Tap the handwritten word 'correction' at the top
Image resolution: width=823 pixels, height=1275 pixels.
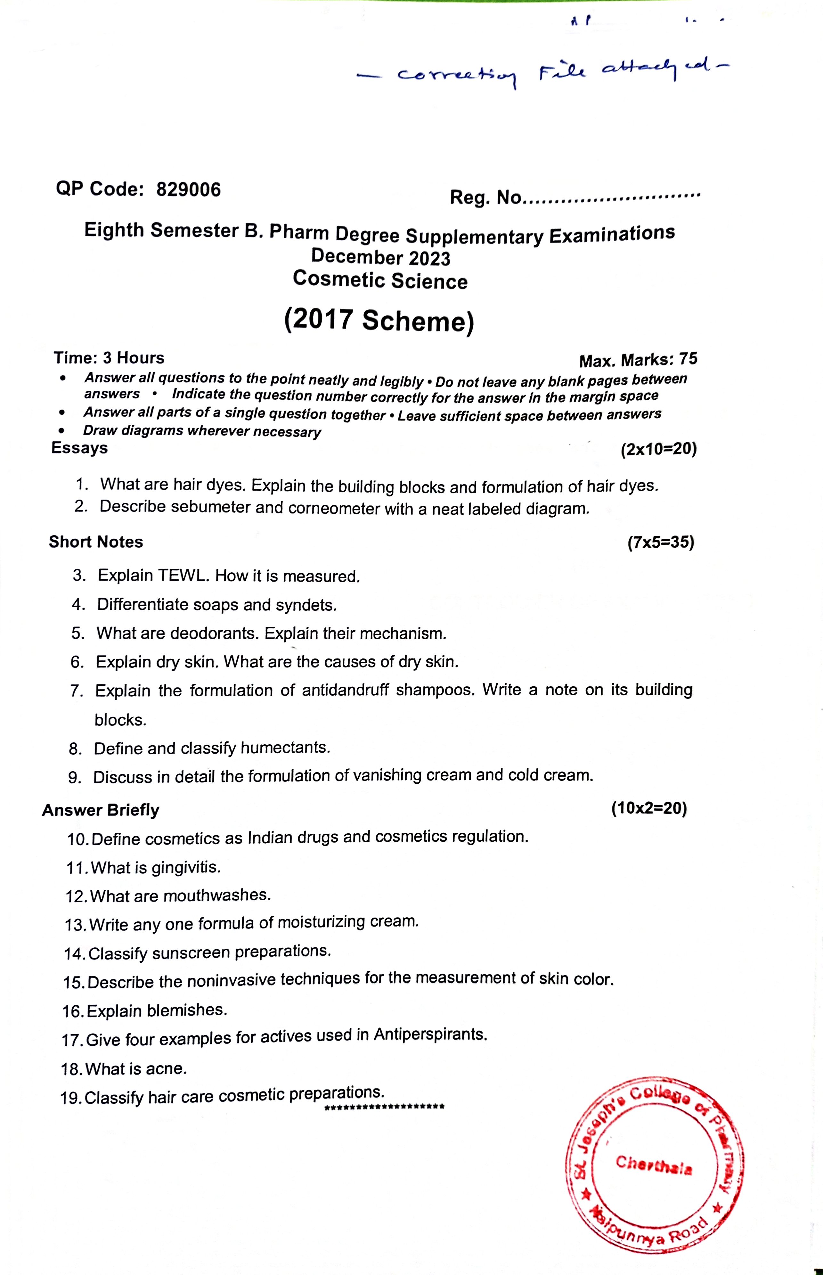(457, 75)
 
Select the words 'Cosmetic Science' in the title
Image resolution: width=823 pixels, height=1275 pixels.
(380, 280)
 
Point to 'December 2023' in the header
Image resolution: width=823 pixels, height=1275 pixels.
(380, 257)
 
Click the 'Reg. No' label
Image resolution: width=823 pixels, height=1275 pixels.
(485, 197)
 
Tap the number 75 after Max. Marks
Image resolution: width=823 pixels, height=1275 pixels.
(688, 359)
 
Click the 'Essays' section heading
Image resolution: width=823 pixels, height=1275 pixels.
(79, 448)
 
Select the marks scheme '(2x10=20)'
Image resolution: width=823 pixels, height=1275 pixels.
(658, 449)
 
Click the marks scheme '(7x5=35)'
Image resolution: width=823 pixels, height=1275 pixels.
(661, 543)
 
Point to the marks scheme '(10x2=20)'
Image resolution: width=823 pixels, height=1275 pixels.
(649, 808)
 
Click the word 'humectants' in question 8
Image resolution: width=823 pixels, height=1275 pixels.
(284, 748)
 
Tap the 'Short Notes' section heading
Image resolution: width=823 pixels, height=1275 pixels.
(96, 542)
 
